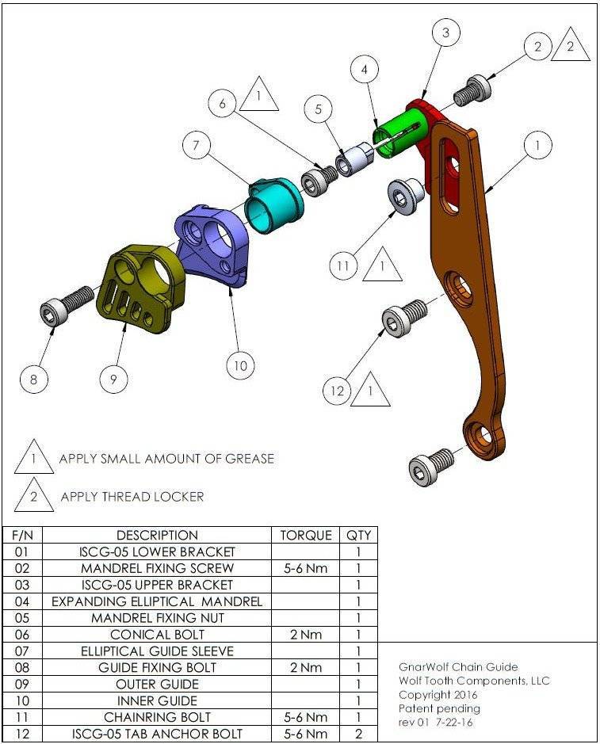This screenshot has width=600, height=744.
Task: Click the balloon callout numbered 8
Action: pyautogui.click(x=33, y=380)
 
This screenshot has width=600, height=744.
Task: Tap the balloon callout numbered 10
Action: pyautogui.click(x=239, y=365)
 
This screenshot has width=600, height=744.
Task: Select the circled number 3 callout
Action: pyautogui.click(x=445, y=32)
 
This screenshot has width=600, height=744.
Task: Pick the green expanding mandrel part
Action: pyautogui.click(x=400, y=132)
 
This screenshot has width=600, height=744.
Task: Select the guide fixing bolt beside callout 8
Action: pyautogui.click(x=64, y=305)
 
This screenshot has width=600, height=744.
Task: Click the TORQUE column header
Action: pyautogui.click(x=306, y=535)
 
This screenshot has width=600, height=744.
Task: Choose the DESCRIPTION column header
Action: pyautogui.click(x=157, y=535)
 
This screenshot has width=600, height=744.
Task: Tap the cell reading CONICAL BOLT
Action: pyautogui.click(x=157, y=634)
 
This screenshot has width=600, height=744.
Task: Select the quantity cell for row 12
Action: pyautogui.click(x=359, y=734)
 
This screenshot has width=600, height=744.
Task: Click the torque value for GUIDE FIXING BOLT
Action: pyautogui.click(x=306, y=667)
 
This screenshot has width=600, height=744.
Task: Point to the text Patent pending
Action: pyautogui.click(x=439, y=708)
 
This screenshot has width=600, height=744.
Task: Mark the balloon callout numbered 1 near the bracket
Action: pyautogui.click(x=538, y=146)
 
